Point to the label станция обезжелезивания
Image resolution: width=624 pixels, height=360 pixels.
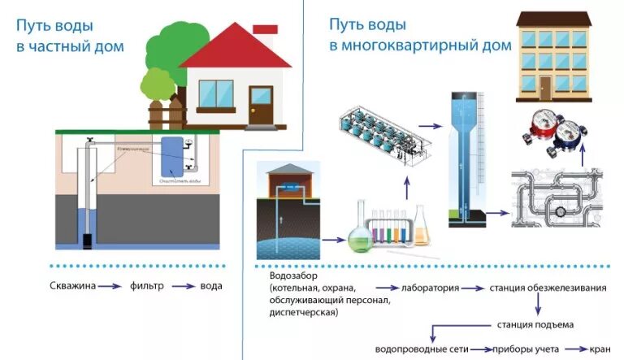point(553,288)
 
